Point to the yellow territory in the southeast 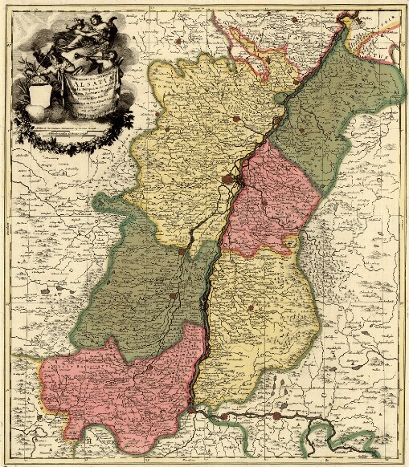pos(257,321)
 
